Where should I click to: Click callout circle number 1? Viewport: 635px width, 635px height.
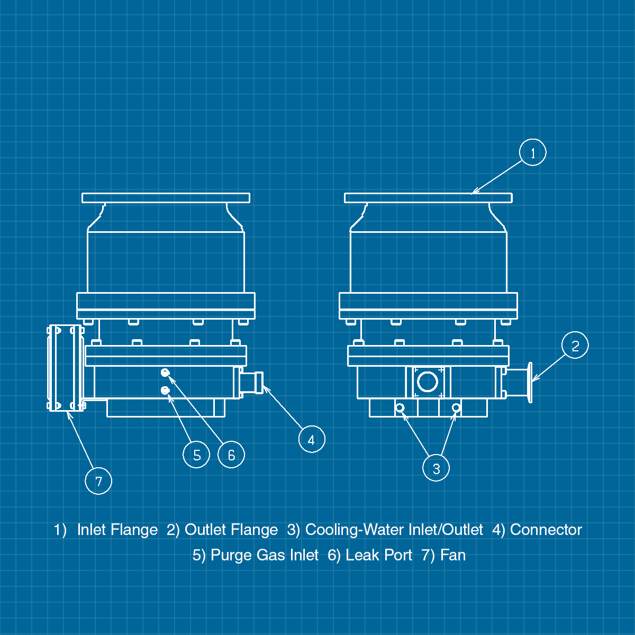tap(532, 152)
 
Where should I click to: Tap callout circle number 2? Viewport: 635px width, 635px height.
tap(575, 346)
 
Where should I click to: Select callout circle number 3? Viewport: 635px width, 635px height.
tap(436, 468)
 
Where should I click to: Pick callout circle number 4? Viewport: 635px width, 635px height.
tap(312, 439)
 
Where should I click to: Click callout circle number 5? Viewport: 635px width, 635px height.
tap(196, 455)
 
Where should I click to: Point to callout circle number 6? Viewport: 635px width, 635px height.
tap(231, 455)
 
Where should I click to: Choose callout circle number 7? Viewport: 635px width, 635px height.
tap(98, 481)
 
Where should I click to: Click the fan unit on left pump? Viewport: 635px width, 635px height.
tap(66, 368)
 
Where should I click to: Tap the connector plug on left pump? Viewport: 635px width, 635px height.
tap(253, 382)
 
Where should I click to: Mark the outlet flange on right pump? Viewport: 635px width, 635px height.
tap(530, 382)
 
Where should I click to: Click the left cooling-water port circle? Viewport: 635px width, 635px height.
tap(400, 407)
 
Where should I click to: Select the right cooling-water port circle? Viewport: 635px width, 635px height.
tap(456, 407)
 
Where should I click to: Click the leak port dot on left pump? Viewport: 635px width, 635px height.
tap(165, 373)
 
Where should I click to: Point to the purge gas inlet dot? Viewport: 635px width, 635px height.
tap(165, 391)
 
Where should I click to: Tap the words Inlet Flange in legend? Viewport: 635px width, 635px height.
tap(117, 530)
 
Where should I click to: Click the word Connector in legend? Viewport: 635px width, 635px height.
tap(546, 530)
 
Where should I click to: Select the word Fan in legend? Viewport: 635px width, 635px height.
tap(453, 555)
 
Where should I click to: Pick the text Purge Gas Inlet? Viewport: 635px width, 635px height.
tap(265, 555)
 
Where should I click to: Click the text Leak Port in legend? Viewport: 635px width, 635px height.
tap(378, 555)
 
